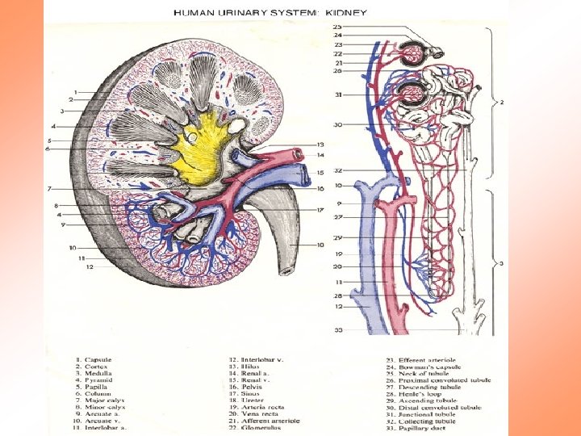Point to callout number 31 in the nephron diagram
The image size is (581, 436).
pos(338,95)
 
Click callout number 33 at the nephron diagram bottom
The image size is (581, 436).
pos(338,330)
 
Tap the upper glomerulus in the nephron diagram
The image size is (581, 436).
pos(414,54)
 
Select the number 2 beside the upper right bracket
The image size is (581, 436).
pos(501,103)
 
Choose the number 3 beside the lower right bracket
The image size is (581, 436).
pos(501,263)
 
